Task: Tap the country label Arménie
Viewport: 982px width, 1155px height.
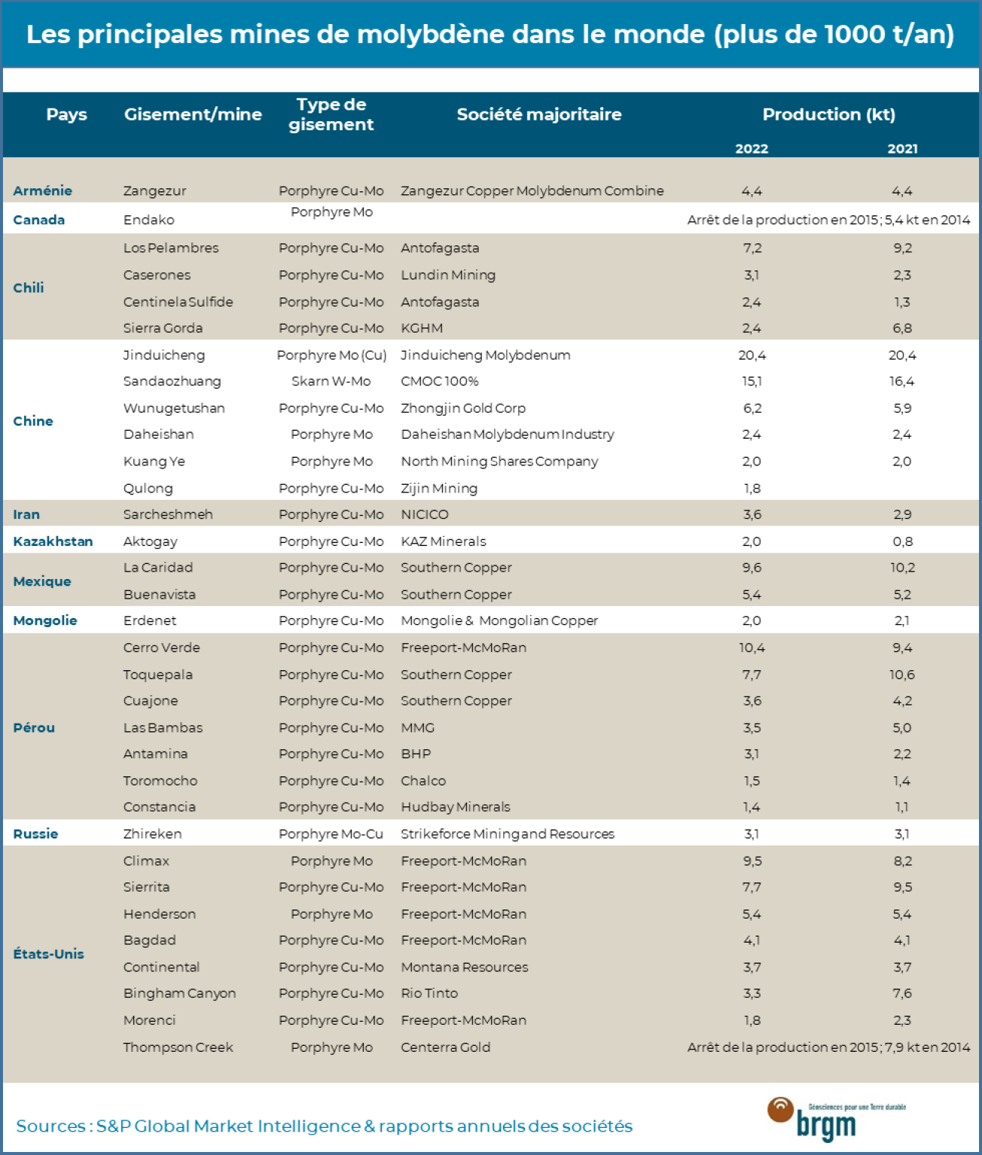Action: [42, 190]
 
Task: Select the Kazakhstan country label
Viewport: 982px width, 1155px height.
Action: [53, 541]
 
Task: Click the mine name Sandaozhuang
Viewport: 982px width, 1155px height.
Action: [172, 381]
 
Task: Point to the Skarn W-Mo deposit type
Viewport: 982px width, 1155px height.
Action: [331, 381]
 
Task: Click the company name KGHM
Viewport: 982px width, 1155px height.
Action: [422, 328]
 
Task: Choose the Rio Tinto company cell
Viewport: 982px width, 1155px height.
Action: [429, 993]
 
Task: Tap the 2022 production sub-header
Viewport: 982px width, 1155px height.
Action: [752, 148]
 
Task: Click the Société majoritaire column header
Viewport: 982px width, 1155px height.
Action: [538, 114]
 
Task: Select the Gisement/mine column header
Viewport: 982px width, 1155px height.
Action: [193, 114]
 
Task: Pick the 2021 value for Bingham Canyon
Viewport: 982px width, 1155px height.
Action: [902, 993]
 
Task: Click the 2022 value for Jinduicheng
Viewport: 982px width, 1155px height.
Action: [752, 355]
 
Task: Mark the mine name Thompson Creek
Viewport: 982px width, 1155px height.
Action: [178, 1047]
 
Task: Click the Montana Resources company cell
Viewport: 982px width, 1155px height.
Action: [464, 967]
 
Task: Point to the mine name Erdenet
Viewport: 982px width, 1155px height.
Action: [150, 620]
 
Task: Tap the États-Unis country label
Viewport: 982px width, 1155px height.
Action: [48, 953]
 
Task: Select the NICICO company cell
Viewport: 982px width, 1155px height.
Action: [424, 514]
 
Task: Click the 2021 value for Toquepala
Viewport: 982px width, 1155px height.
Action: [902, 675]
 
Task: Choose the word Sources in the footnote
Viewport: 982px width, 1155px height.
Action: [50, 1126]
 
